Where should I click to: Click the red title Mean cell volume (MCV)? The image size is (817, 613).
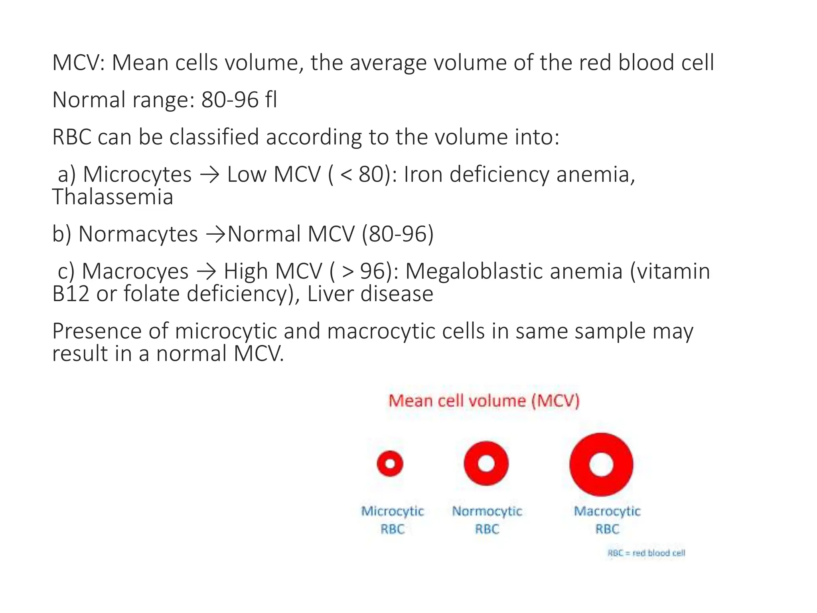[483, 401]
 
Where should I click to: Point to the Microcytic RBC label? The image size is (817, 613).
[393, 520]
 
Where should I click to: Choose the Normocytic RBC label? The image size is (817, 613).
[487, 520]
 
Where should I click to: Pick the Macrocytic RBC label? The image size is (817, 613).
[607, 520]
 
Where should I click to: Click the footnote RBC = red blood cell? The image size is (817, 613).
[646, 553]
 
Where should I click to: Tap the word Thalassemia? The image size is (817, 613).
[112, 197]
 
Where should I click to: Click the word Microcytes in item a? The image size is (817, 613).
[137, 175]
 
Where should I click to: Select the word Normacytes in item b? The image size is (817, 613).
[138, 234]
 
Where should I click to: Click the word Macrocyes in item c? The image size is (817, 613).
[135, 271]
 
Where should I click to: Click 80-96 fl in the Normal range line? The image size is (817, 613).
[239, 100]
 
